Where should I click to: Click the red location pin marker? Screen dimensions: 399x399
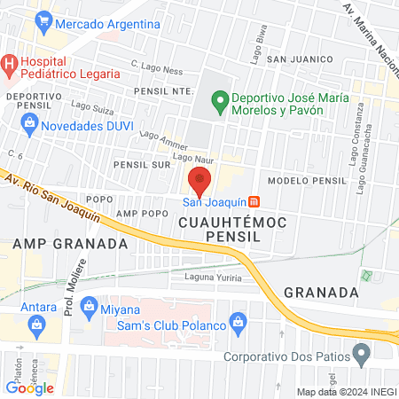pos(199,181)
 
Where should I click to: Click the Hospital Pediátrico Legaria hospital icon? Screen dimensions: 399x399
pos(9,63)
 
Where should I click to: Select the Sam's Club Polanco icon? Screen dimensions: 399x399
pos(237,320)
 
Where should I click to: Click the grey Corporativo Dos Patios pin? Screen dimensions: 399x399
pos(361,356)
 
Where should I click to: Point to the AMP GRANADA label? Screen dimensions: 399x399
pos(58,243)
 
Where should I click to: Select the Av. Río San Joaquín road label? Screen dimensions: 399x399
pos(55,197)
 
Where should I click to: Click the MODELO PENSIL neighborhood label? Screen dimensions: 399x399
pos(306,180)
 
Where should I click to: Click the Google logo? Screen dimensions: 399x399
pos(30,387)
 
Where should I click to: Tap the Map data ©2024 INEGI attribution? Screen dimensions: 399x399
pos(346,392)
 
